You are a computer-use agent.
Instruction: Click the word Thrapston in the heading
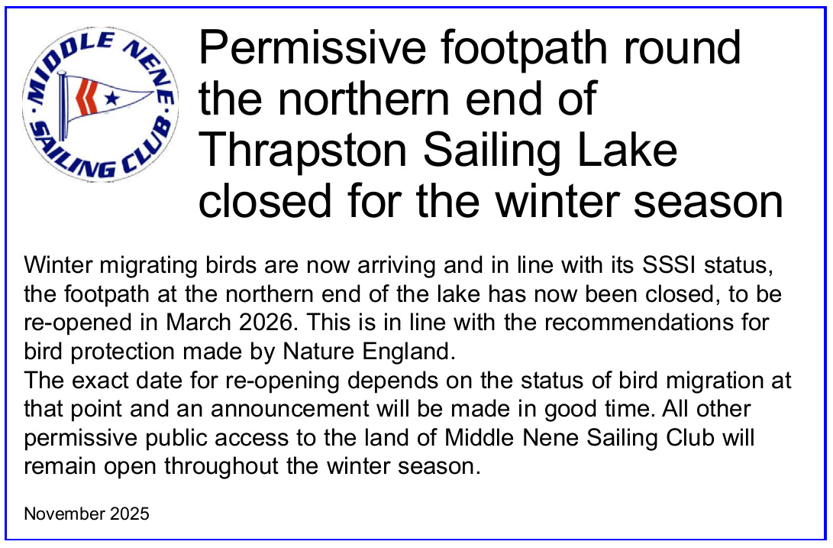click(303, 151)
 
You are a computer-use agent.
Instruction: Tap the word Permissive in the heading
click(312, 48)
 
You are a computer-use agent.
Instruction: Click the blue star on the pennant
click(112, 98)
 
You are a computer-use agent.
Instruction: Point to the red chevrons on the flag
click(86, 97)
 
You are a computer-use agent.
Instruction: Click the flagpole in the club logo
click(62, 106)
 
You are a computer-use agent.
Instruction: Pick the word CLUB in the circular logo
click(145, 149)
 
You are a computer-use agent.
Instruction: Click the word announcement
click(289, 409)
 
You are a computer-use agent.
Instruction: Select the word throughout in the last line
click(221, 466)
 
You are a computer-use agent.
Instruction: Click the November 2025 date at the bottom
click(86, 514)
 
